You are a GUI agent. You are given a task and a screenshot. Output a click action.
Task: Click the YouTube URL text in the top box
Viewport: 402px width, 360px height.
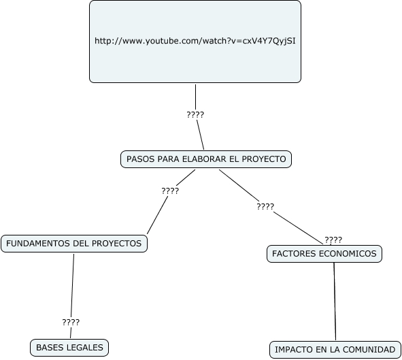(x=195, y=41)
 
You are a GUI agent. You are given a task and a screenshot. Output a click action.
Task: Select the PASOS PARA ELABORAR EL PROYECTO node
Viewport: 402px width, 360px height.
(x=206, y=159)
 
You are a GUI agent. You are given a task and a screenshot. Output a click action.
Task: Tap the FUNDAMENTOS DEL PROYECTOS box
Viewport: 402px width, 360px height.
(x=74, y=243)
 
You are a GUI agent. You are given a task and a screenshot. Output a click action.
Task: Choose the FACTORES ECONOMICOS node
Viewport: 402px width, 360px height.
(x=324, y=254)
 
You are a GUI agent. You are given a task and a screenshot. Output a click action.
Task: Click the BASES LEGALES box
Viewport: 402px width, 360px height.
(x=69, y=348)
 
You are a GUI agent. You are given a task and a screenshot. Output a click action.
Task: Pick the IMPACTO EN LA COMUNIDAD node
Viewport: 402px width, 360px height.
(x=334, y=349)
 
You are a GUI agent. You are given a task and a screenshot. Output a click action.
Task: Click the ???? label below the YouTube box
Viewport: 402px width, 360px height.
(x=195, y=114)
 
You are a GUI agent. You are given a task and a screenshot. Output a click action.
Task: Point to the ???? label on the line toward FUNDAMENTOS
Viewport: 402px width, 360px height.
(x=170, y=191)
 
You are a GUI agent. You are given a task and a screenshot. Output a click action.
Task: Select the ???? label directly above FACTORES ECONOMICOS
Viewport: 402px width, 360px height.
(x=333, y=240)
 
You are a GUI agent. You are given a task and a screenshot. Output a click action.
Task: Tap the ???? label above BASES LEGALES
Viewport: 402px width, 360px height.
(x=71, y=322)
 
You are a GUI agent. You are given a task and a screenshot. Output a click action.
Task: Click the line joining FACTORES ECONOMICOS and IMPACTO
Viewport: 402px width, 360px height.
(x=335, y=299)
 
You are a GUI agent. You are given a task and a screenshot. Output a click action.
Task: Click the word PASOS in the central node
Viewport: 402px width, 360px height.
(x=141, y=159)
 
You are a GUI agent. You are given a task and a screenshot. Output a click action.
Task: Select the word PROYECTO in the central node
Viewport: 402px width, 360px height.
(x=266, y=159)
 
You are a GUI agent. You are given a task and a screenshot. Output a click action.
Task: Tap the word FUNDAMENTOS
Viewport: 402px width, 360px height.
(x=35, y=243)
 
